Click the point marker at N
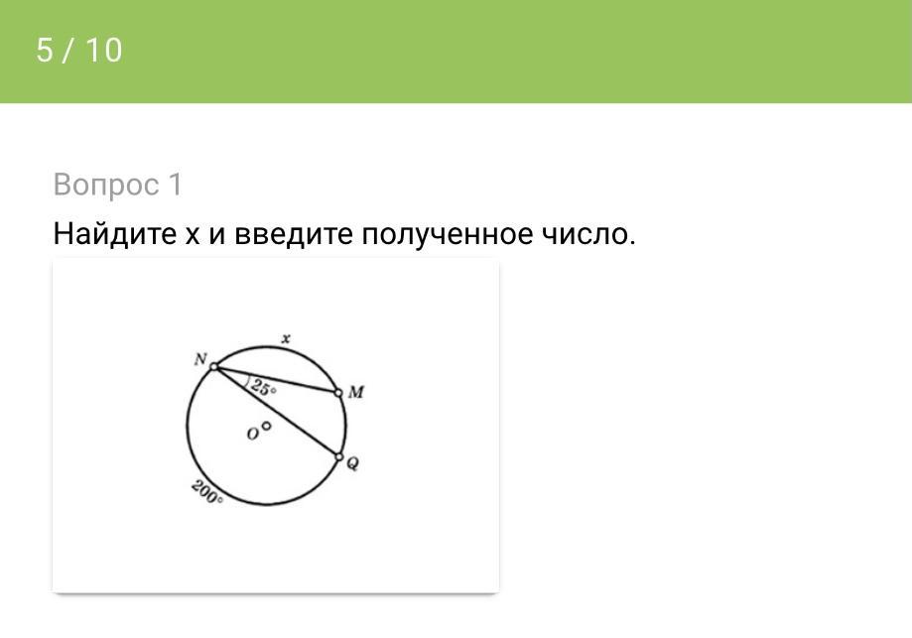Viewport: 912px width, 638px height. pyautogui.click(x=214, y=366)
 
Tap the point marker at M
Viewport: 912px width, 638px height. pyautogui.click(x=338, y=393)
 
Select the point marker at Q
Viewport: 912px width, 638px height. pyautogui.click(x=339, y=457)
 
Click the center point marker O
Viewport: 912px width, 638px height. pyautogui.click(x=266, y=426)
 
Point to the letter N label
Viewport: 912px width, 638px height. pyautogui.click(x=200, y=359)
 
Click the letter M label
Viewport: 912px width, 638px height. pyautogui.click(x=356, y=392)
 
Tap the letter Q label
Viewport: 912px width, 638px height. pyautogui.click(x=352, y=463)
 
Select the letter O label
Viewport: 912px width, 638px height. pyautogui.click(x=252, y=435)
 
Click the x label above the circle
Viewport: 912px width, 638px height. pyautogui.click(x=286, y=338)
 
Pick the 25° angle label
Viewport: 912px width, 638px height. pyautogui.click(x=264, y=389)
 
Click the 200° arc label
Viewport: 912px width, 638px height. pyautogui.click(x=207, y=492)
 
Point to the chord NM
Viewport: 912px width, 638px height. pyautogui.click(x=276, y=380)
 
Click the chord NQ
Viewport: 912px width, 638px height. pyautogui.click(x=277, y=412)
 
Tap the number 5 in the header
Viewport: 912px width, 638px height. pyautogui.click(x=45, y=50)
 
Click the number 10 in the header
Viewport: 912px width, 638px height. pyautogui.click(x=104, y=50)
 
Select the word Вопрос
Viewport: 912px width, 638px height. pyautogui.click(x=106, y=186)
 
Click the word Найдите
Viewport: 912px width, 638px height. pyautogui.click(x=114, y=234)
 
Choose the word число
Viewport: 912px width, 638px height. pyautogui.click(x=588, y=234)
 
